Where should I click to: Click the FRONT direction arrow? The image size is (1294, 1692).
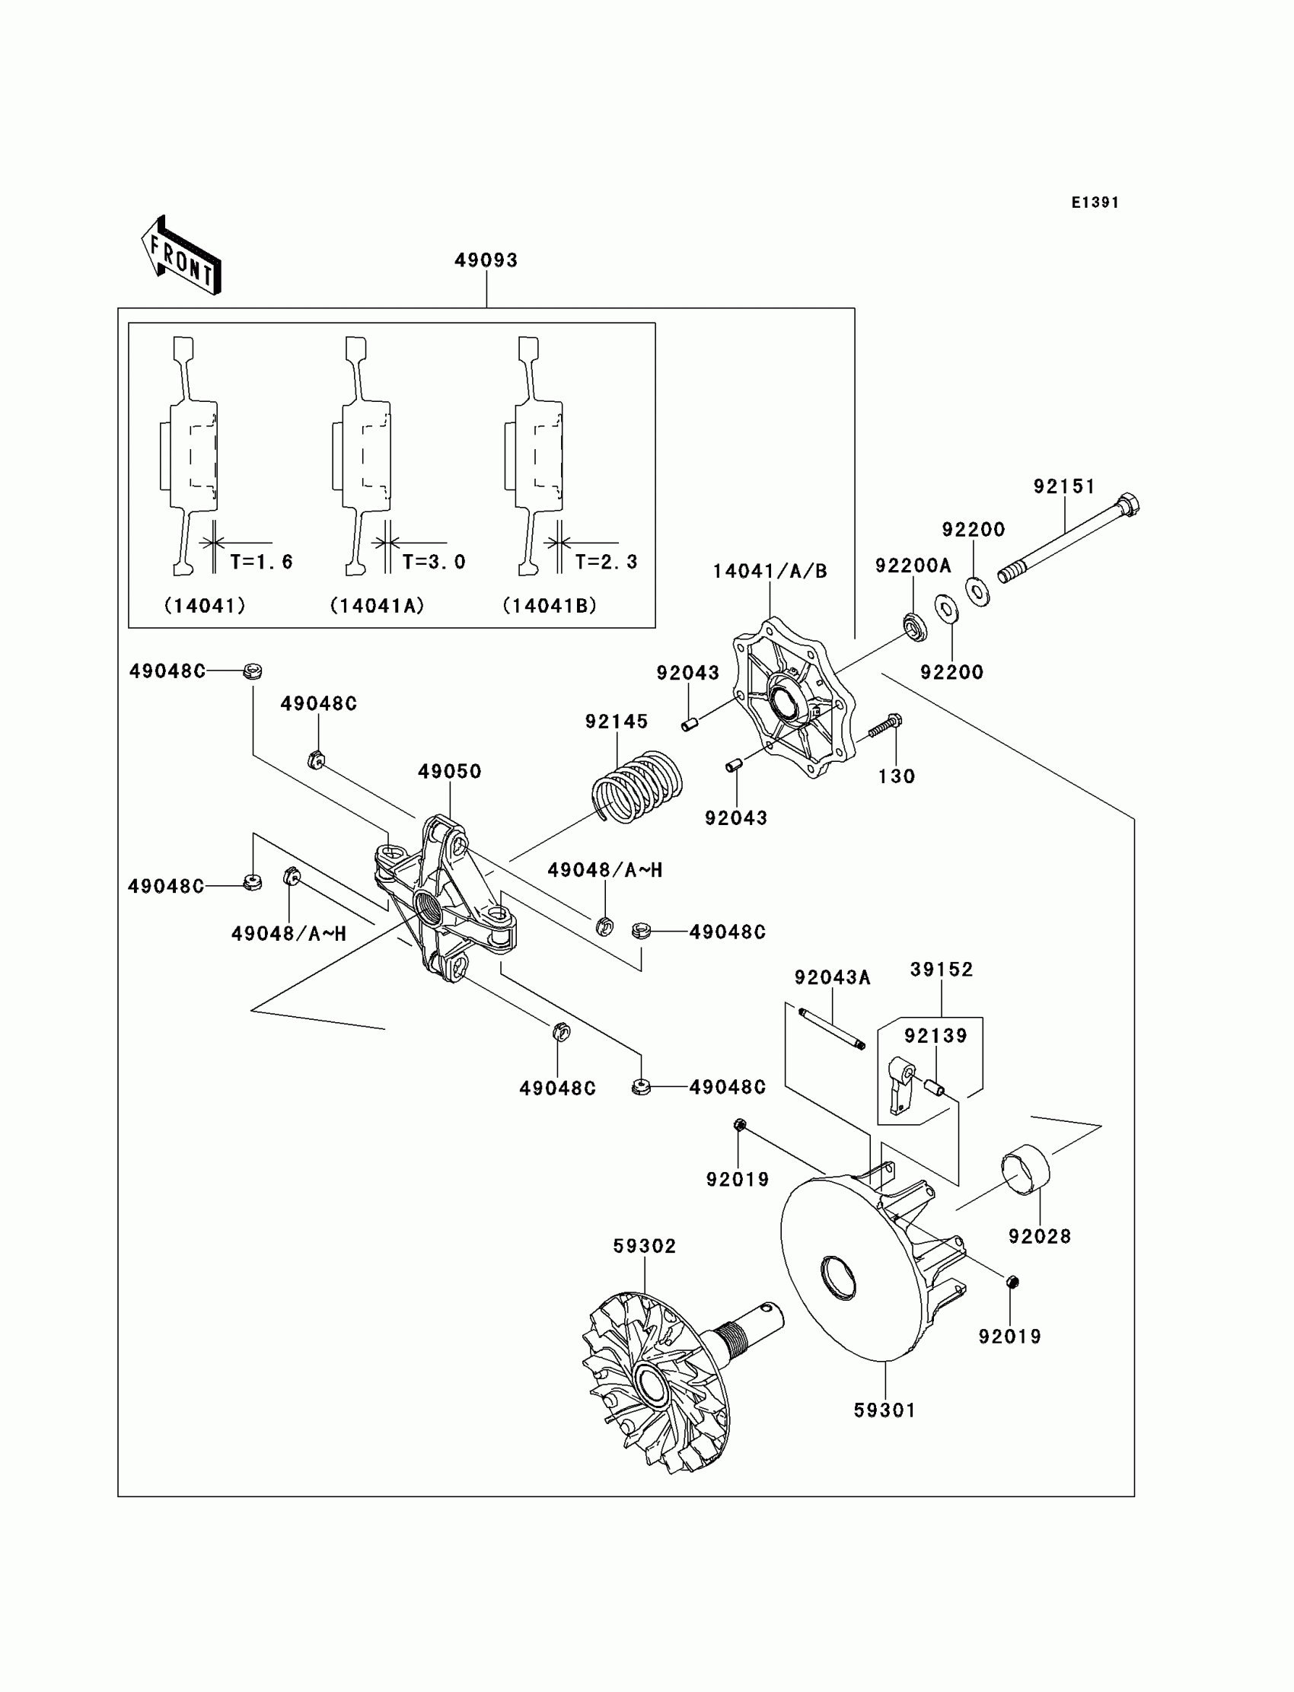click(x=182, y=257)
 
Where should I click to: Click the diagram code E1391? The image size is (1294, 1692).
click(x=1095, y=202)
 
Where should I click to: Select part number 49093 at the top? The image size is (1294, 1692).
click(x=486, y=260)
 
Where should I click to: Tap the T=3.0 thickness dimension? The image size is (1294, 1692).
click(x=435, y=562)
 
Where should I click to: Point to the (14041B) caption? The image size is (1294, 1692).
click(x=550, y=606)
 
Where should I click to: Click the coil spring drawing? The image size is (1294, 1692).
click(x=638, y=786)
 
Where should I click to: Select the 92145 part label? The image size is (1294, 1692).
click(x=617, y=722)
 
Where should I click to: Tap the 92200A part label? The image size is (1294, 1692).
click(x=913, y=566)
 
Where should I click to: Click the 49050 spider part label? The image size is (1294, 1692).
click(x=450, y=771)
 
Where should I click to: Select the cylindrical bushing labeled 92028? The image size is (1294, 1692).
click(x=1025, y=1172)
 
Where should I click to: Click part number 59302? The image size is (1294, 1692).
click(x=645, y=1246)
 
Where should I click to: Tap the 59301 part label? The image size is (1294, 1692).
click(x=885, y=1410)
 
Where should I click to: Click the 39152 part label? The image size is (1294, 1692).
click(x=942, y=970)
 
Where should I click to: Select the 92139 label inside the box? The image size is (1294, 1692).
click(x=935, y=1036)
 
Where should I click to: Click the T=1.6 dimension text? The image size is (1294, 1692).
click(x=262, y=562)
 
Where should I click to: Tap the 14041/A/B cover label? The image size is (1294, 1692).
click(x=770, y=572)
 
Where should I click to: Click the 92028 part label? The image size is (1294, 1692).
click(x=1040, y=1237)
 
